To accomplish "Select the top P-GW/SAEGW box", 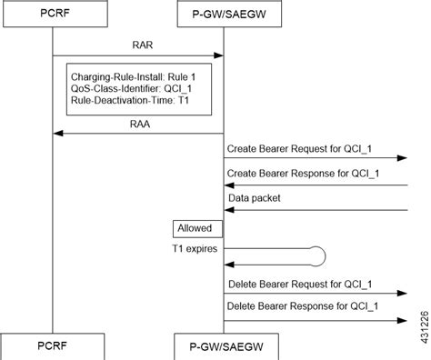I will click(224, 15).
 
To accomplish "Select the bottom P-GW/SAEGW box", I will click(224, 346).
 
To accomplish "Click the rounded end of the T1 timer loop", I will click(319, 255).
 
